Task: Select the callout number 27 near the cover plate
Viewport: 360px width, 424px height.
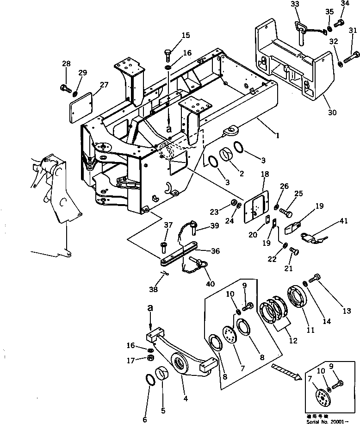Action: coord(104,85)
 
